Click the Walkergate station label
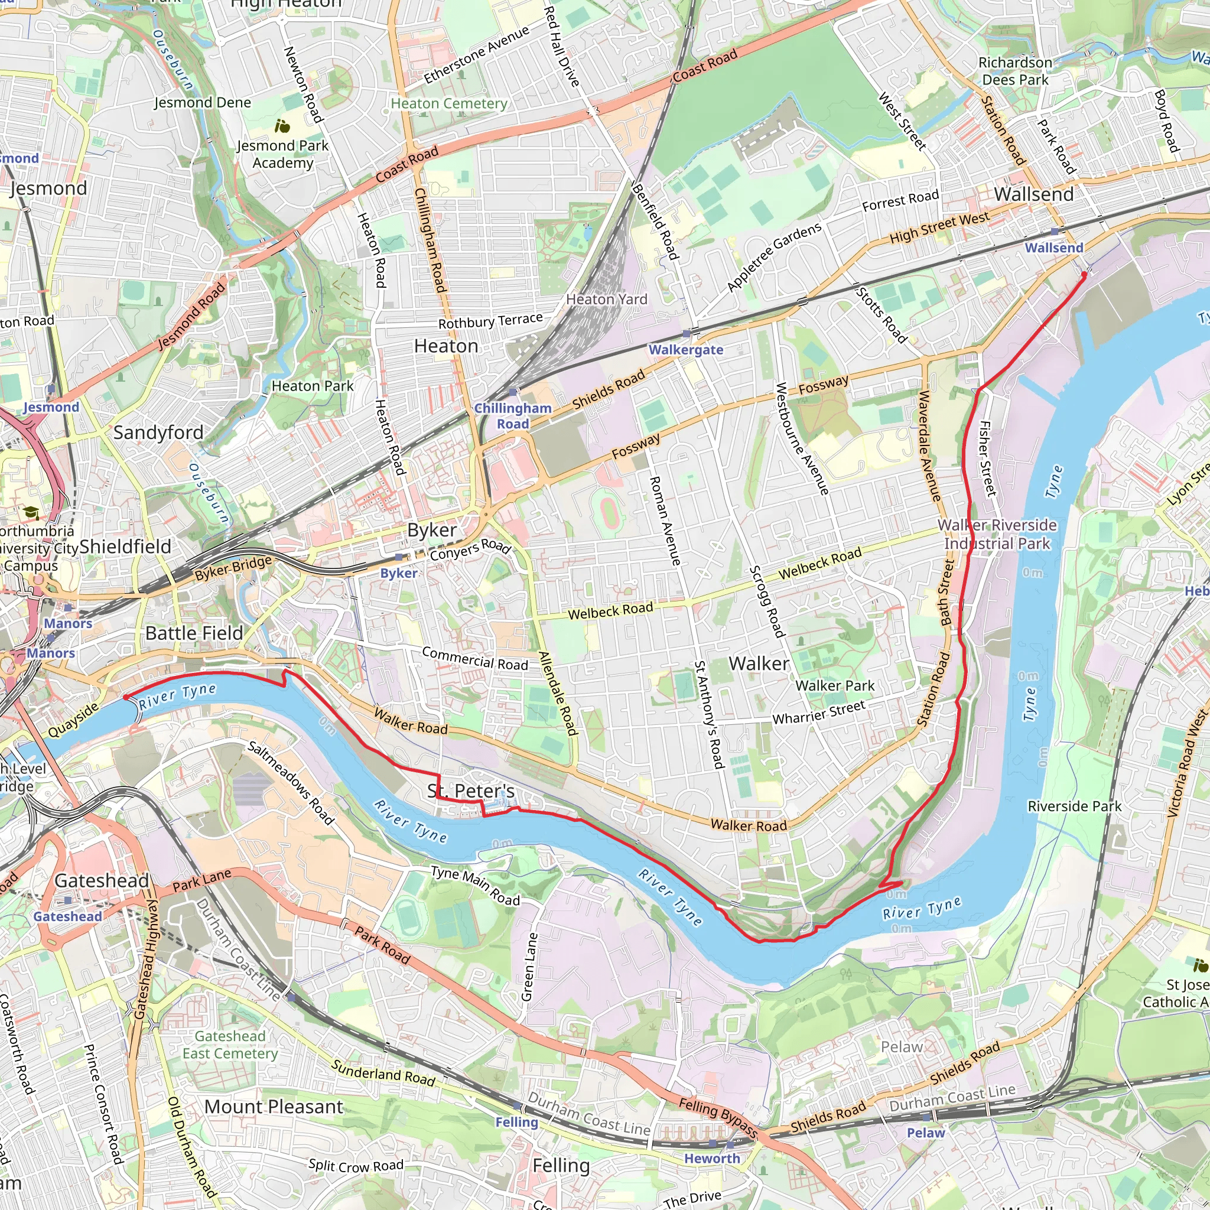click(686, 350)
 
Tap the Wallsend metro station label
click(1053, 248)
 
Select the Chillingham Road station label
click(512, 416)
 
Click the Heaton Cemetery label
click(449, 103)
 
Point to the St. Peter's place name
click(471, 791)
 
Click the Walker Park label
click(834, 686)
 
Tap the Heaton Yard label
click(606, 300)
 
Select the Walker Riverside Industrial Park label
click(997, 534)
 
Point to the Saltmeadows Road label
click(291, 782)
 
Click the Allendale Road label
click(557, 692)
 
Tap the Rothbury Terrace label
click(490, 321)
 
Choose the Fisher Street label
click(987, 458)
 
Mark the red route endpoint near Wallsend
click(1084, 274)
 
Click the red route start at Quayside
click(126, 697)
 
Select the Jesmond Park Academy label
click(282, 154)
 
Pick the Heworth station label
click(711, 1159)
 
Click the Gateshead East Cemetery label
click(230, 1045)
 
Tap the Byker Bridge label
click(233, 567)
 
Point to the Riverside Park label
click(1074, 806)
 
